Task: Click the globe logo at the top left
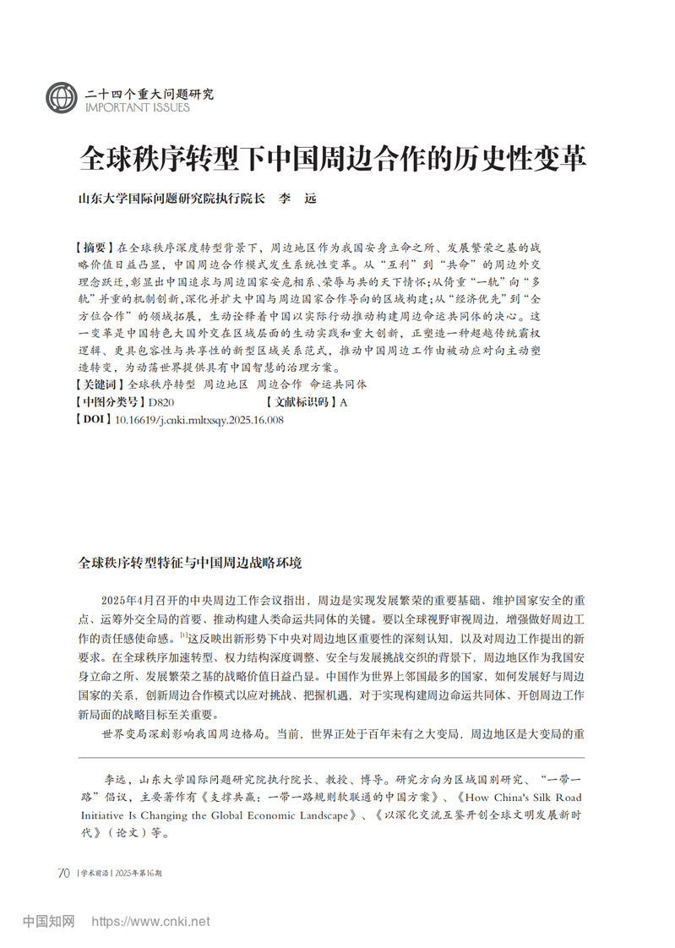(x=62, y=98)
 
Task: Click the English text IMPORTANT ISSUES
(x=138, y=107)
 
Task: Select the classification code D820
(x=161, y=402)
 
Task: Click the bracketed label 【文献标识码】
(x=301, y=402)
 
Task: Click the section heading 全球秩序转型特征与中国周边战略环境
(x=189, y=562)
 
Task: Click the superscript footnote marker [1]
(x=183, y=635)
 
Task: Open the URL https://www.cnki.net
(x=150, y=921)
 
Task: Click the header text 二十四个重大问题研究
(x=150, y=93)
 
